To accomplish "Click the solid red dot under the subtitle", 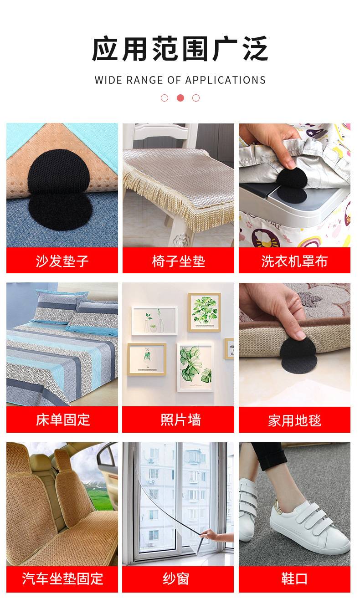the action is point(180,98).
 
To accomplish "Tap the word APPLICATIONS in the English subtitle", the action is point(226,80).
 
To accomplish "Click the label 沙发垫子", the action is point(62,261).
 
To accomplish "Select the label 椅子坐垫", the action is point(179,261).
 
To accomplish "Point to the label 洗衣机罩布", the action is point(294,261).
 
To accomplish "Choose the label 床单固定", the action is point(63,420).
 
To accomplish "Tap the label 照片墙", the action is point(180,420).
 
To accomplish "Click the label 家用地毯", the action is point(294,420).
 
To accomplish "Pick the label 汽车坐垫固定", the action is point(62,578).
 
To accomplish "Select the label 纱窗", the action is point(176,578).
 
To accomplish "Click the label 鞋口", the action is point(294,578).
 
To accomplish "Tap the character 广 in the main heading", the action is point(225,49).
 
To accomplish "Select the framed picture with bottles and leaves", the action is point(154,321).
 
